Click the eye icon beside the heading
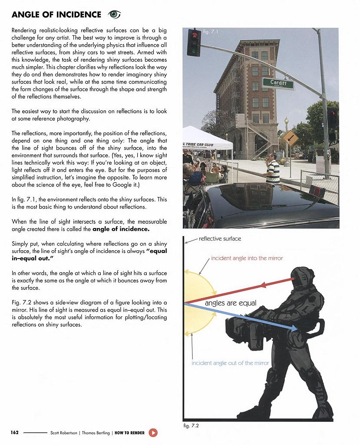pyautogui.click(x=114, y=15)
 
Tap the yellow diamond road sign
pyautogui.click(x=290, y=139)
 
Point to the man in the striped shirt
pyautogui.click(x=272, y=169)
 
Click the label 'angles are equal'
pyautogui.click(x=231, y=303)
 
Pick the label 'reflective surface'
pyautogui.click(x=220, y=239)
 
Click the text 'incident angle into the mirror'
pyautogui.click(x=247, y=258)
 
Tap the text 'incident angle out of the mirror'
pyautogui.click(x=230, y=363)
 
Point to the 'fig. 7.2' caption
pyautogui.click(x=191, y=425)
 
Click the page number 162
pyautogui.click(x=14, y=433)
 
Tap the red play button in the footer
pyautogui.click(x=153, y=433)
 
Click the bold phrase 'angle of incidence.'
pyautogui.click(x=121, y=229)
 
